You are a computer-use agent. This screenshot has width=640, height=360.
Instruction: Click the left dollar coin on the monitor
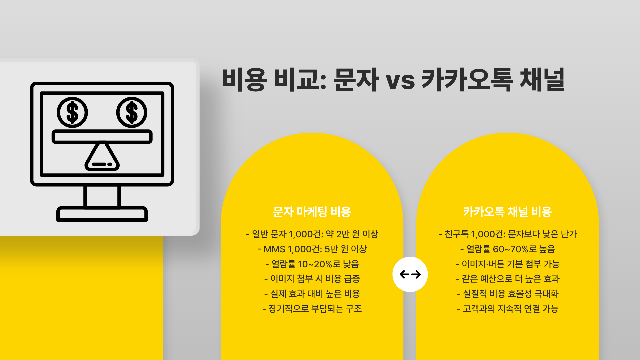click(x=72, y=113)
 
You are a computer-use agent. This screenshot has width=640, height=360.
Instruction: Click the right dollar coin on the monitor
click(x=132, y=113)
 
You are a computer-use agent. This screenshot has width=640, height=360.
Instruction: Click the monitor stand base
click(x=102, y=214)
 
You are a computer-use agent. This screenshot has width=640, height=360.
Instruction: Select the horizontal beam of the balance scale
click(x=102, y=137)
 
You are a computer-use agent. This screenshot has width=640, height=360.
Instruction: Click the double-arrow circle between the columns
click(x=410, y=274)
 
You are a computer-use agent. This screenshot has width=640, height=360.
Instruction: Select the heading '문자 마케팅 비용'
click(x=312, y=212)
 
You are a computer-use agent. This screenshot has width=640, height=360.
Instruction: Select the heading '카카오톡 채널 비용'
click(x=507, y=212)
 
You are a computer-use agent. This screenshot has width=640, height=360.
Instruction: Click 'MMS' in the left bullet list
click(x=274, y=249)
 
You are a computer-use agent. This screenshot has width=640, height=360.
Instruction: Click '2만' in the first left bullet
click(x=343, y=234)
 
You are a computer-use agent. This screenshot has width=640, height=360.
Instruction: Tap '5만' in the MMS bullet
click(x=331, y=249)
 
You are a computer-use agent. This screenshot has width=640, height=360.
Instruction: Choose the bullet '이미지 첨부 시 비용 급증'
click(x=312, y=279)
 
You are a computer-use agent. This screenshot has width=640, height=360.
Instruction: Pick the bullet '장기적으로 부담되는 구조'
click(x=312, y=309)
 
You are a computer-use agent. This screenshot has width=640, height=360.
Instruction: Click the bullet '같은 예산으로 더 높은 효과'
click(x=507, y=279)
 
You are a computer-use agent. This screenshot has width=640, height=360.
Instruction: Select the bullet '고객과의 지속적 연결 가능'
click(x=507, y=309)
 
